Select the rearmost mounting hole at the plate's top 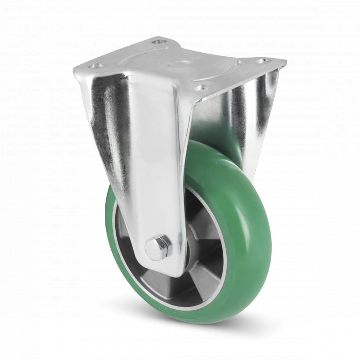[x=157, y=42]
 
